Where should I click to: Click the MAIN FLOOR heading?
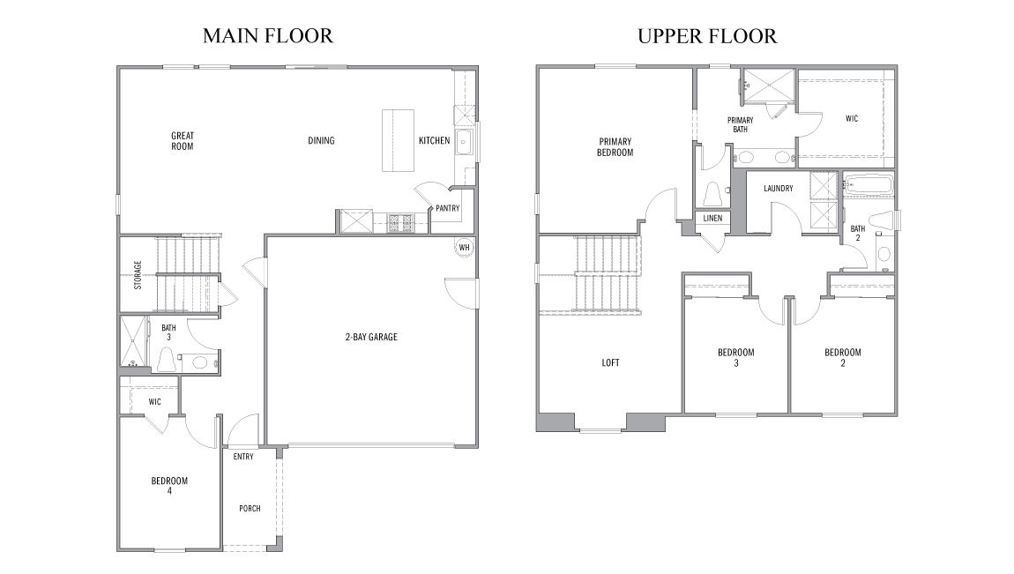pos(267,36)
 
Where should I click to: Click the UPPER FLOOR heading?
pos(707,36)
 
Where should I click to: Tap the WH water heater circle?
pos(464,247)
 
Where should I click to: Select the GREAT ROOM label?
pos(183,141)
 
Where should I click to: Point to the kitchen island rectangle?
pos(398,140)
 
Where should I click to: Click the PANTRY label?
pos(448,209)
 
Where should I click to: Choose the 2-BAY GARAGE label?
pos(370,337)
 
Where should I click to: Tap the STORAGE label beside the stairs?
pos(138,274)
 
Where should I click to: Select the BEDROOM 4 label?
pos(169,486)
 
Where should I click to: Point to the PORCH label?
pos(250,509)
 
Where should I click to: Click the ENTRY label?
pos(243,457)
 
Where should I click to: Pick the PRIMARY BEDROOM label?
pos(615,147)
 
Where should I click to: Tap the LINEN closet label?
pos(712,218)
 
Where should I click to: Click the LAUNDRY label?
pos(779,188)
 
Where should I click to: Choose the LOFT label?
pos(609,362)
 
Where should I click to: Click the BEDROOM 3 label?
pos(735,357)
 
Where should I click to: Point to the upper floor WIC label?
pos(851,118)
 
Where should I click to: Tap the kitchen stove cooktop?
pos(399,222)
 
